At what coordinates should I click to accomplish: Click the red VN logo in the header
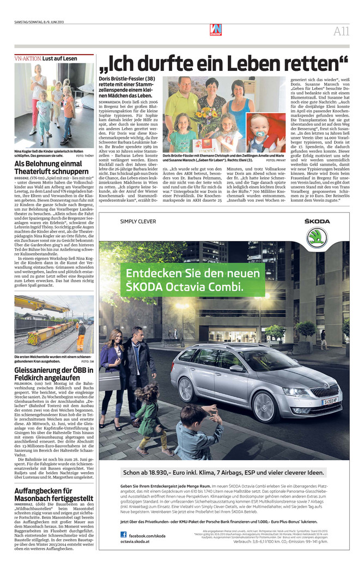tap(216, 30)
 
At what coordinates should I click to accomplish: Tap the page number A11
tap(341, 31)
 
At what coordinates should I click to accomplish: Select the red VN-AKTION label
tap(27, 58)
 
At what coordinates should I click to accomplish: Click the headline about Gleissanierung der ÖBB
tap(53, 375)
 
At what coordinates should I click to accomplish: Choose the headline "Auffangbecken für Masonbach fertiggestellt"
tap(53, 494)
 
